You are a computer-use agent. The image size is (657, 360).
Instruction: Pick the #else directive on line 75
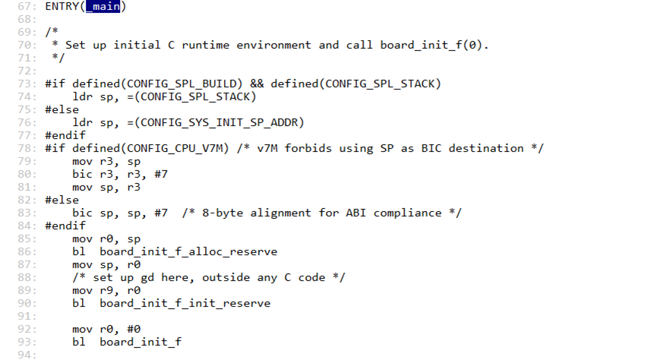pyautogui.click(x=62, y=109)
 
